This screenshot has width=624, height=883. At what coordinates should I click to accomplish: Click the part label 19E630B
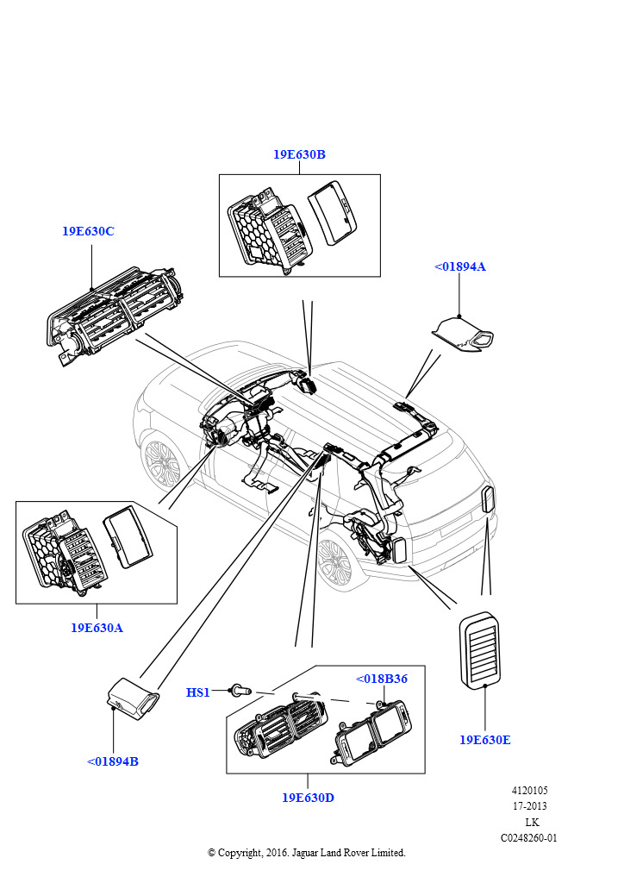299,154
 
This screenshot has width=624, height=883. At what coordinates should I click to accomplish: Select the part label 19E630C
88,232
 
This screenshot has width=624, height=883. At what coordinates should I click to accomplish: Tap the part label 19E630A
97,628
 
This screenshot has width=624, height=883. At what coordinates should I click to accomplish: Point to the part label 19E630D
308,798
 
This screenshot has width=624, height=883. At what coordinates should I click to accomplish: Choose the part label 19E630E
484,740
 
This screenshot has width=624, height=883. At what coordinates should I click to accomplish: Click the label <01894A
460,266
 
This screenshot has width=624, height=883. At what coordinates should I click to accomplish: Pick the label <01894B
113,761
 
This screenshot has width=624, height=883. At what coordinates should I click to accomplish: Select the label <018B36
382,679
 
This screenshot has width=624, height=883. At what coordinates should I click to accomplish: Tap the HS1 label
198,692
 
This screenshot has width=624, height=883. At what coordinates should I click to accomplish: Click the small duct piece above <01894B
133,696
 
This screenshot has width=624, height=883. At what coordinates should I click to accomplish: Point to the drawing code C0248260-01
528,837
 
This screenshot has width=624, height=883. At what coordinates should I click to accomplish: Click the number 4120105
529,790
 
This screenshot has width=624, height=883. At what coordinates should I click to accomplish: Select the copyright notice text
306,853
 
